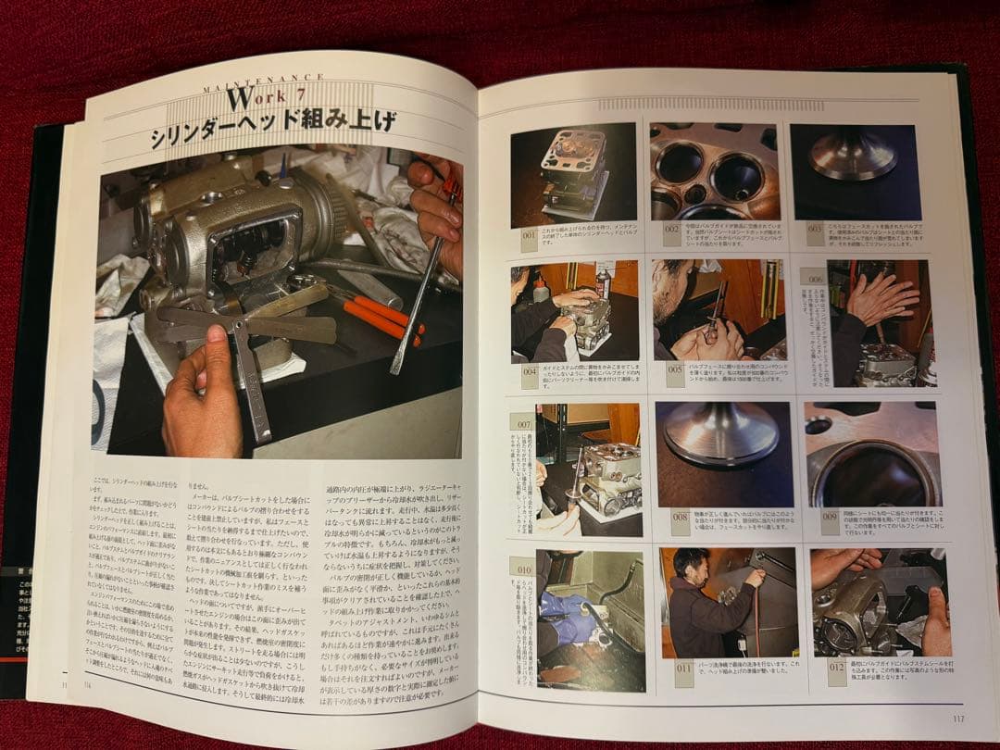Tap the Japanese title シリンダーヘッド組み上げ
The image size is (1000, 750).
tap(274, 122)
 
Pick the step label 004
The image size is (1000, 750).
tap(530, 377)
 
